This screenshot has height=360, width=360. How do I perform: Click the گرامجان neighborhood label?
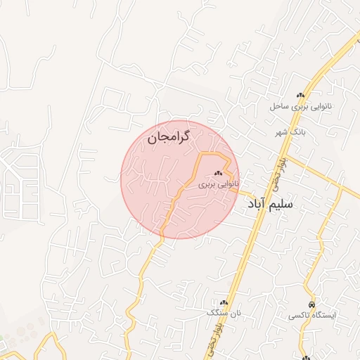tap(170, 139)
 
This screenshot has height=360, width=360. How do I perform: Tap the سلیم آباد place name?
tap(279, 204)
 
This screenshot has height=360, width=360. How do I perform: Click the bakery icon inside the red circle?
tap(217, 173)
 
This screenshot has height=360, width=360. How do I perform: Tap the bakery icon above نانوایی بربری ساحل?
tap(301, 96)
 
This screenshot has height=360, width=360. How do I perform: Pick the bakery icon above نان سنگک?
tap(224, 302)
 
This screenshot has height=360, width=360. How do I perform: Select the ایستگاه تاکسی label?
tap(313, 316)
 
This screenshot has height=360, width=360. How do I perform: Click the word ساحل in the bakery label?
tap(280, 107)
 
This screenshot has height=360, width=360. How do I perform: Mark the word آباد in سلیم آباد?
tap(262, 204)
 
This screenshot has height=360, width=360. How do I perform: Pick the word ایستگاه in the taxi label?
tap(325, 316)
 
